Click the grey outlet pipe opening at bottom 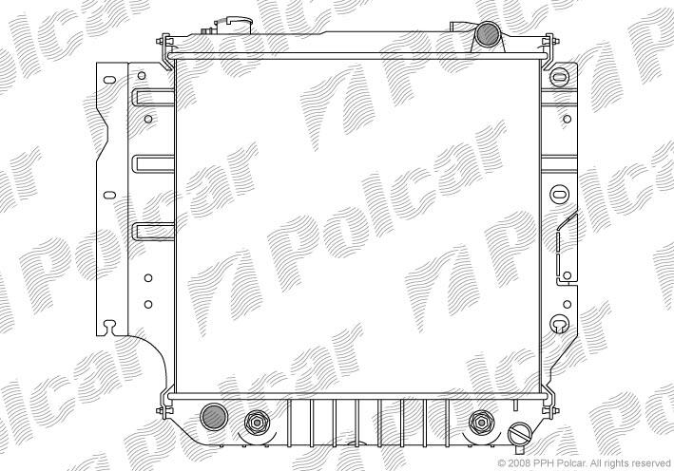pyautogui.click(x=214, y=417)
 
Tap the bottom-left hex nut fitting pyautogui.click(x=257, y=423)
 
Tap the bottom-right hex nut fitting pyautogui.click(x=481, y=423)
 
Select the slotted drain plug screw pyautogui.click(x=520, y=434)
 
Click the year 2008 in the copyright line pyautogui.click(x=516, y=462)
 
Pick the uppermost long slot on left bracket pyautogui.click(x=154, y=98)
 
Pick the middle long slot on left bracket pyautogui.click(x=154, y=164)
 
